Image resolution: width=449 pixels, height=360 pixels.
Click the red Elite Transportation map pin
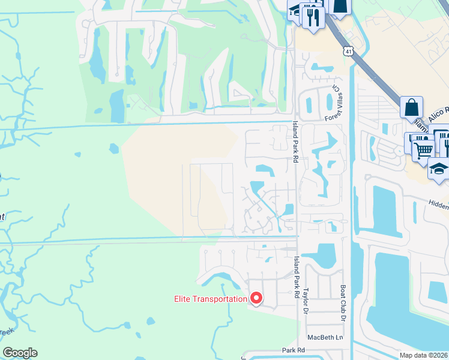point(256,298)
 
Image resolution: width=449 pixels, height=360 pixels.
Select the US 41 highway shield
point(349,52)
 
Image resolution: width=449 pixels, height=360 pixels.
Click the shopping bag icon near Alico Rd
point(412,107)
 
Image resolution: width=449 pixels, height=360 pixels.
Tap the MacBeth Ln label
point(325,337)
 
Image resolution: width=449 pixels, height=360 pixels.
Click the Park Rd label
point(294,349)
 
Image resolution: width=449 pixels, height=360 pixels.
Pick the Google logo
point(20,353)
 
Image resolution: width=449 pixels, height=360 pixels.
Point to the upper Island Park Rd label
point(295,142)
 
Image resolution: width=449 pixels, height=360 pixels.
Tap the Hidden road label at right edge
point(438,205)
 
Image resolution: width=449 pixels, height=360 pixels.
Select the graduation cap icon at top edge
point(295,10)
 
